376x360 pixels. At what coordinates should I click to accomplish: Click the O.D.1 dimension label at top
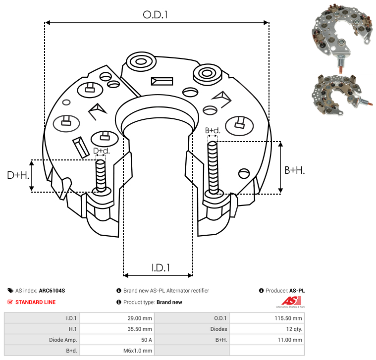[x=155, y=15]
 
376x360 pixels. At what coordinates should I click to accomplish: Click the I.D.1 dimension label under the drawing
[x=161, y=268]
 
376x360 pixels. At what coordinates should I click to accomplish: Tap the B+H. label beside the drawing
[x=294, y=170]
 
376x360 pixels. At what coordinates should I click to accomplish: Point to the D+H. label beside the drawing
[x=18, y=175]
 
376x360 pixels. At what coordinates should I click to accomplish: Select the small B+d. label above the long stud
[x=213, y=130]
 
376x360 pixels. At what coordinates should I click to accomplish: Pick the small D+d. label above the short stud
[x=102, y=151]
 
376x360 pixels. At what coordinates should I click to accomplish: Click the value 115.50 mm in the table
[x=288, y=318]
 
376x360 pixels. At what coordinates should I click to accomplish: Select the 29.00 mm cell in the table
[x=140, y=318]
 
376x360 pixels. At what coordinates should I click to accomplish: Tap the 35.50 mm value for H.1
[x=140, y=329]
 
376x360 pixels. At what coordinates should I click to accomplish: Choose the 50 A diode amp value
[x=147, y=340]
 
